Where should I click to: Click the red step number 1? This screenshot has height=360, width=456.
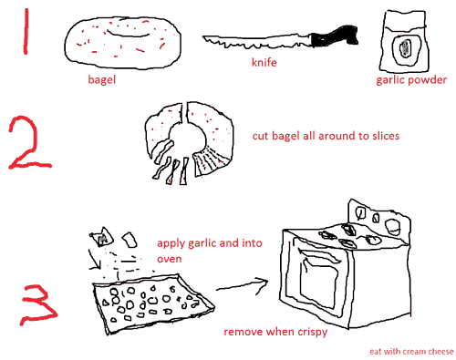26,32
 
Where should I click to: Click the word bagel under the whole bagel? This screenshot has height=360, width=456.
102,79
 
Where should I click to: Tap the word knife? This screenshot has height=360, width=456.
264,62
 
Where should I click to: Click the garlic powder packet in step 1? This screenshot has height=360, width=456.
404,41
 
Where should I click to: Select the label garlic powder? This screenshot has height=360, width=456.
411,80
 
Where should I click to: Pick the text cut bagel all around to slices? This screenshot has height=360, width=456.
326,136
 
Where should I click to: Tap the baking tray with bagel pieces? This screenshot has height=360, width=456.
153,303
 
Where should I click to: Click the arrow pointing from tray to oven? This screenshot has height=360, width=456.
242,285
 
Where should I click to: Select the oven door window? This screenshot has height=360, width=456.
318,279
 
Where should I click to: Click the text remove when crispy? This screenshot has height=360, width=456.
275,332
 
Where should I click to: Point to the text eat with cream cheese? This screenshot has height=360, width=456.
411,352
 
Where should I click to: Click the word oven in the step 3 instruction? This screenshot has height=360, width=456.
170,259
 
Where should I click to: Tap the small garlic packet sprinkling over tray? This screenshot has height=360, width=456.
102,237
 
